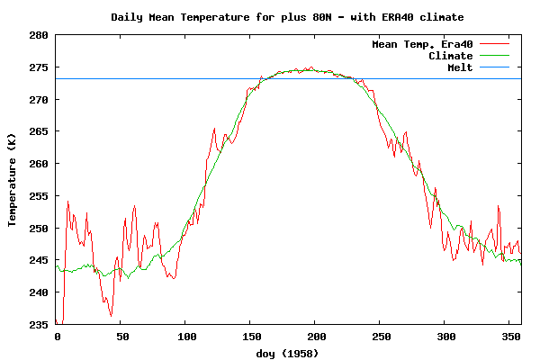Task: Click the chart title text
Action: pos(288,17)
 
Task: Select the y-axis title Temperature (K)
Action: pos(13,179)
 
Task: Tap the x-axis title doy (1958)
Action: pos(288,354)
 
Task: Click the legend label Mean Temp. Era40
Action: pos(422,44)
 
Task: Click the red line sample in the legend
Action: pos(495,44)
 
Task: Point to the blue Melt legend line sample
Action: pos(495,67)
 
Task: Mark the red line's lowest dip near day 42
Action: pos(111,316)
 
